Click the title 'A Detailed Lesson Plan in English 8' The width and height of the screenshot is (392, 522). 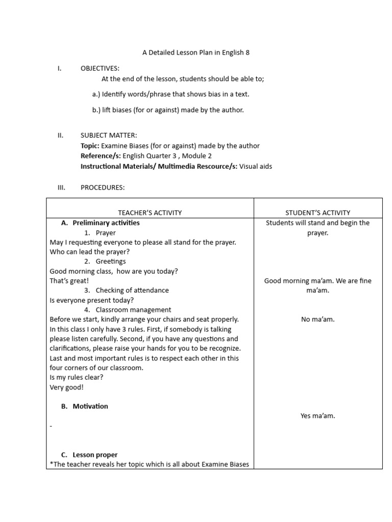click(x=195, y=53)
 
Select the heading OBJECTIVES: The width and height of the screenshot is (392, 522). click(x=100, y=68)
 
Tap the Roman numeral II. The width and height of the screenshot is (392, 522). click(x=60, y=136)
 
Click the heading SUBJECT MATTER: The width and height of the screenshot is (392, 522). click(x=109, y=136)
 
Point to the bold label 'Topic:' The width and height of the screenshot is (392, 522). click(x=90, y=146)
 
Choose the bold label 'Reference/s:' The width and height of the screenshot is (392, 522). click(x=101, y=156)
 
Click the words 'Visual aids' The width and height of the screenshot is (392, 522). click(x=256, y=167)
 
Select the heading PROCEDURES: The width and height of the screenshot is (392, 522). click(x=103, y=188)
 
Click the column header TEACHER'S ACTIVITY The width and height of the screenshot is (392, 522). click(x=150, y=213)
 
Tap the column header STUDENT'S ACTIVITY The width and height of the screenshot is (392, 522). click(x=318, y=213)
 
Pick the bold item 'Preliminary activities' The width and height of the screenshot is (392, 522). click(x=106, y=223)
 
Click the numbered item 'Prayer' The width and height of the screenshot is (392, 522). click(x=106, y=232)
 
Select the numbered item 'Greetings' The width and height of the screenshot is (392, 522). click(x=111, y=262)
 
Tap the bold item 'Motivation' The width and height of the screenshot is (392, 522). click(x=90, y=406)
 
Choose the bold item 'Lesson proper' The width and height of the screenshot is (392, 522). click(x=95, y=455)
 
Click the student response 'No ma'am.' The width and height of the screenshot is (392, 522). click(x=317, y=320)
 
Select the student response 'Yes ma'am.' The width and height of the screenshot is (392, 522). click(x=317, y=416)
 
